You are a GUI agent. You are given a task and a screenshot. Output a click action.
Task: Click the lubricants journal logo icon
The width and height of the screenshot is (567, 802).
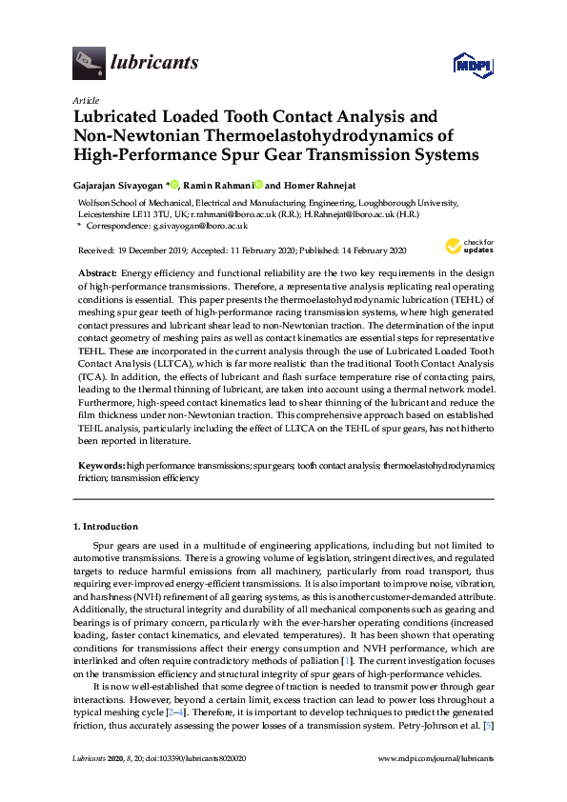[x=89, y=62]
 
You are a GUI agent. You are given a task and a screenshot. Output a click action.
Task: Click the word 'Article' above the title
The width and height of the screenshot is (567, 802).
[x=85, y=99]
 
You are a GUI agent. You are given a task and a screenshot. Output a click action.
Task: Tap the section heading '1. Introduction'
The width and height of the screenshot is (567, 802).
[x=105, y=526]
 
